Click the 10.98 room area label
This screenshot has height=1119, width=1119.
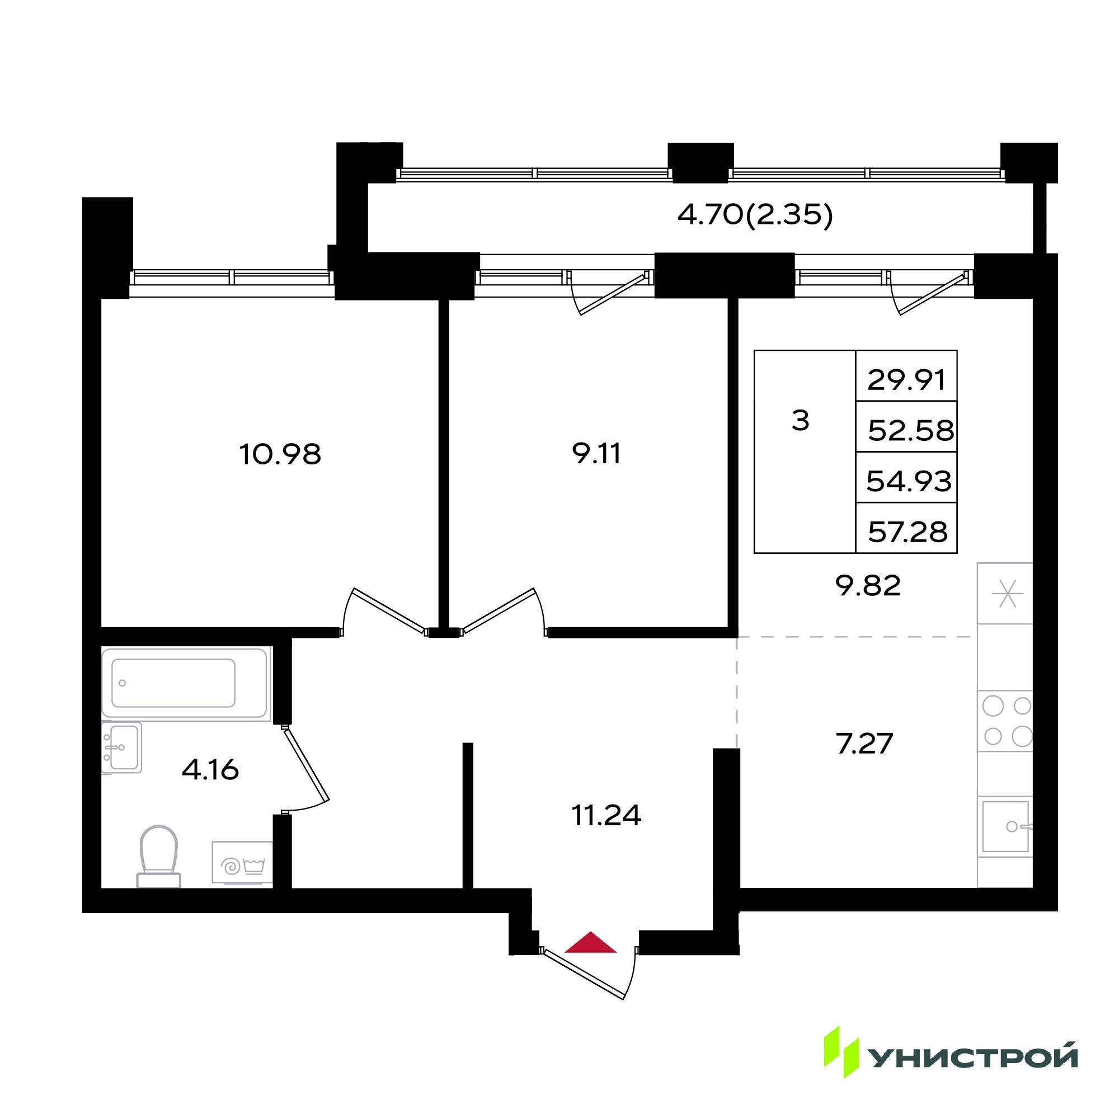coord(280,455)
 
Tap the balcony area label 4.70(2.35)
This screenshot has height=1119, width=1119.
coord(755,216)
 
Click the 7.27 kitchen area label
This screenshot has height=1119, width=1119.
coord(866,744)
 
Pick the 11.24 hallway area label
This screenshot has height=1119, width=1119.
coord(606,816)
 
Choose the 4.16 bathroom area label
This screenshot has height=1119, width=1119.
coord(210,770)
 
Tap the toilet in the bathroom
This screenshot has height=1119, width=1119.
coord(158,856)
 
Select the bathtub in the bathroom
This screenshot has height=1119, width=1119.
coord(186,684)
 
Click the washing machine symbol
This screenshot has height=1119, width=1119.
coord(242,862)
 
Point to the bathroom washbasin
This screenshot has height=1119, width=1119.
coord(121,747)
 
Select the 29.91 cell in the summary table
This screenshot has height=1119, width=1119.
coord(906,380)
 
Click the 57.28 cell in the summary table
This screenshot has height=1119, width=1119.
coord(906,531)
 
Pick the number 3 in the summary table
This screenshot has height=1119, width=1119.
coord(800,421)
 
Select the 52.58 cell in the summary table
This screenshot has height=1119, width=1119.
coord(906,430)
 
